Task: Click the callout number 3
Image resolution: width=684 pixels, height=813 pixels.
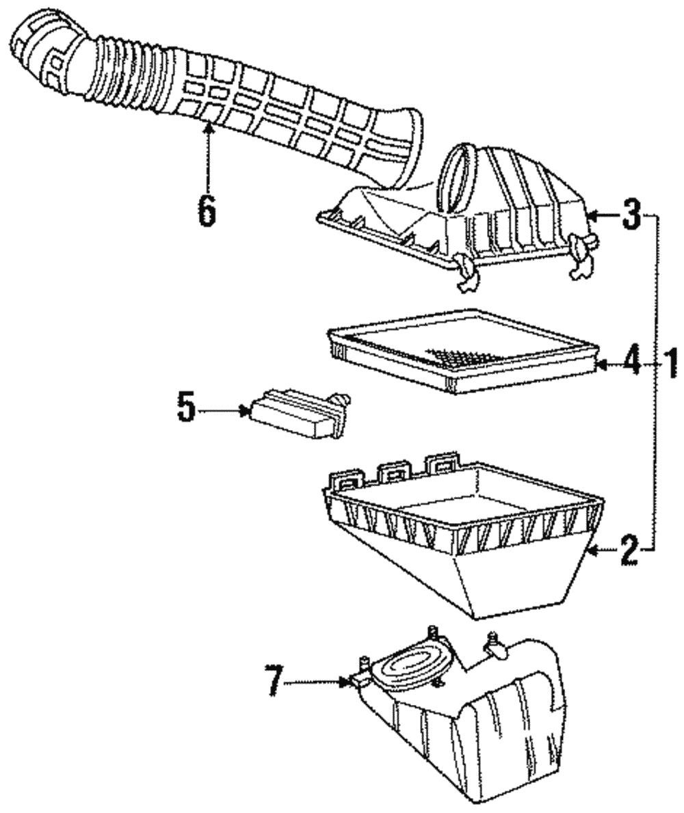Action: pos(631,217)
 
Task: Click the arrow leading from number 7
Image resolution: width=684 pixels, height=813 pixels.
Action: pos(321,682)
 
